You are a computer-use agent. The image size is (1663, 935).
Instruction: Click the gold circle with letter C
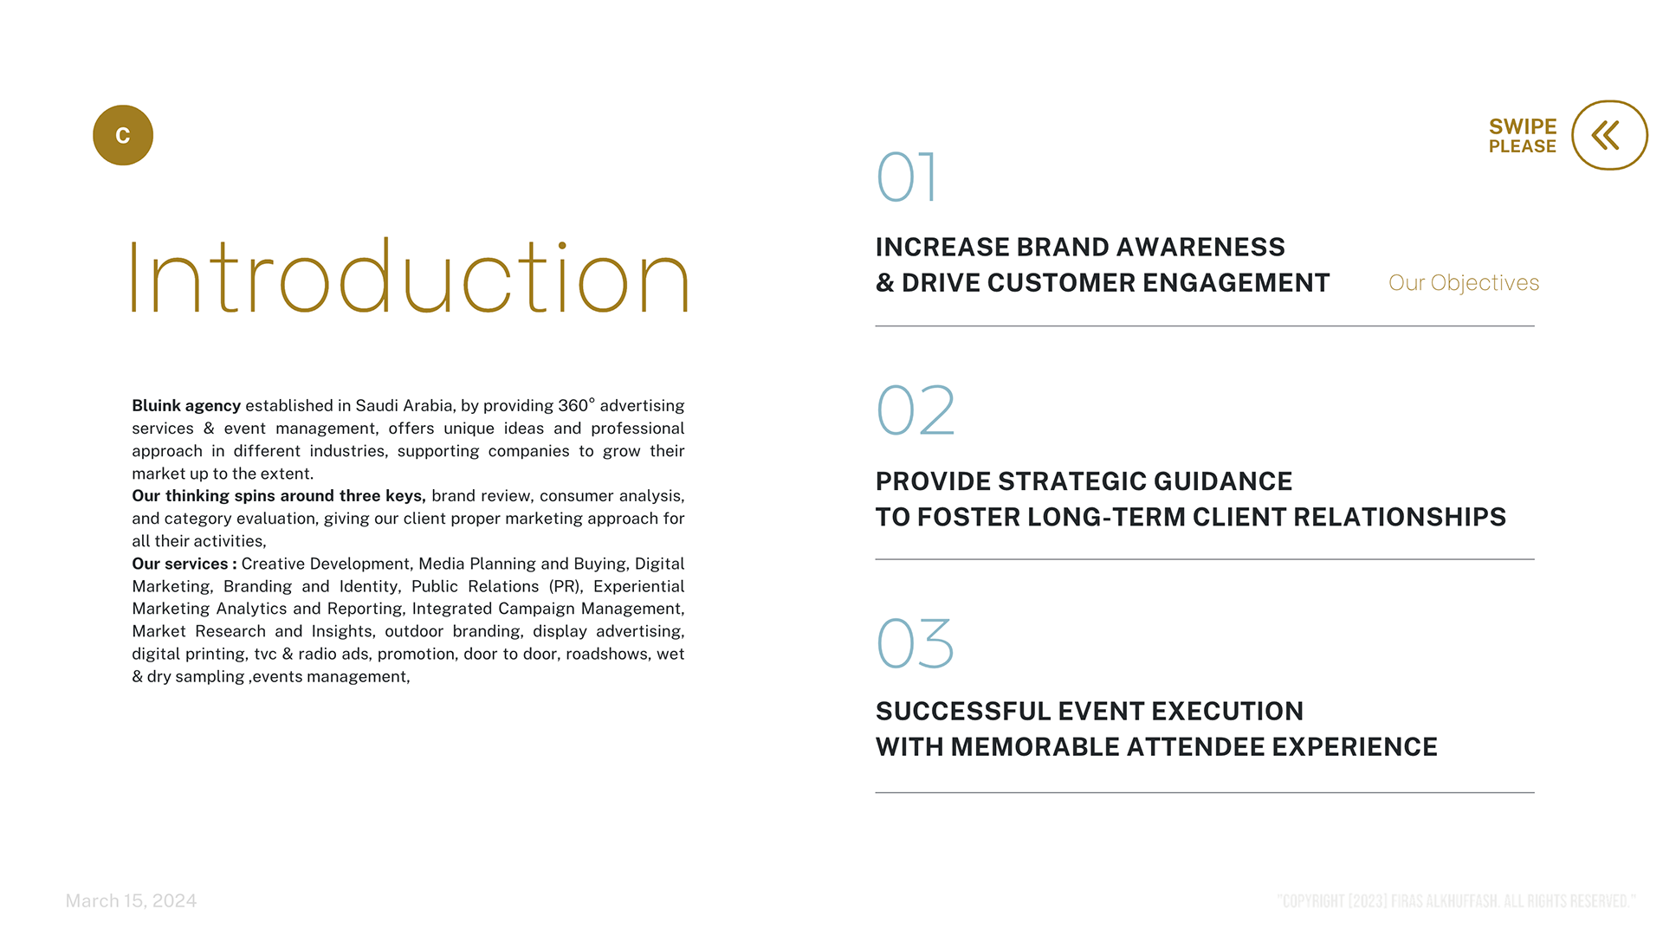[x=123, y=135]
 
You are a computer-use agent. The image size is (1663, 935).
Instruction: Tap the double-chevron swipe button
[x=1609, y=135]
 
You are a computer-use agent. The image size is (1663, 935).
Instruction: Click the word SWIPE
[x=1523, y=126]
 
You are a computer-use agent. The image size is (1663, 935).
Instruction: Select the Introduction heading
[x=409, y=276]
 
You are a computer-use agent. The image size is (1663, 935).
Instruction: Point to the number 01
[x=907, y=177]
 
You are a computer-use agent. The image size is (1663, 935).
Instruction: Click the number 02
[x=916, y=410]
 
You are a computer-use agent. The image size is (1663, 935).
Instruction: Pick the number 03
[x=916, y=643]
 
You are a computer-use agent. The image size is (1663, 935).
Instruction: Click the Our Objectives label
[x=1464, y=283]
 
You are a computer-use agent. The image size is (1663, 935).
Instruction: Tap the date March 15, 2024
[x=132, y=901]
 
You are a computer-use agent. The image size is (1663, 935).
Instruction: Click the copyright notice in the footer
[x=1456, y=901]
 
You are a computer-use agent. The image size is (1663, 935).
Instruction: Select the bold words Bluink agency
[x=186, y=406]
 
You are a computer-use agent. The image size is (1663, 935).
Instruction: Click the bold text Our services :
[x=184, y=564]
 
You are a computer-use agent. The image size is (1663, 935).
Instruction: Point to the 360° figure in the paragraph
[x=577, y=405]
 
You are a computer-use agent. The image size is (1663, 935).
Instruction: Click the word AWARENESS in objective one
[x=1200, y=248]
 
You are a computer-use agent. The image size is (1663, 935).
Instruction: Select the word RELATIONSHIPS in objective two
[x=1400, y=518]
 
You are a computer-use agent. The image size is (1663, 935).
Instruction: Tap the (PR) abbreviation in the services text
[x=566, y=587]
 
